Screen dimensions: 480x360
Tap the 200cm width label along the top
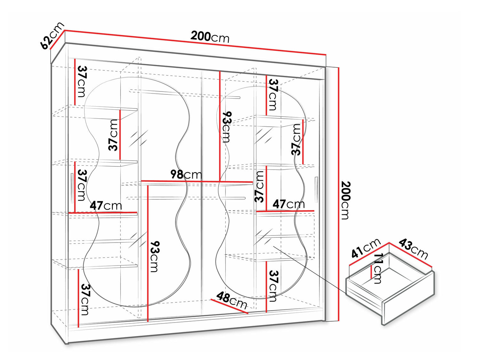click(210, 37)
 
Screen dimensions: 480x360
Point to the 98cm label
click(186, 174)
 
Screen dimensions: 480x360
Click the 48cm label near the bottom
click(232, 301)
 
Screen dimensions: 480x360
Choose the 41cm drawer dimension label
click(366, 248)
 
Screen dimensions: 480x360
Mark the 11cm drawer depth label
click(378, 268)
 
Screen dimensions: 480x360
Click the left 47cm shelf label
click(106, 205)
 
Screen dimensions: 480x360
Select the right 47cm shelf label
click(289, 204)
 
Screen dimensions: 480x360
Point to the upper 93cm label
click(226, 127)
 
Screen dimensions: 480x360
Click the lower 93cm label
click(154, 257)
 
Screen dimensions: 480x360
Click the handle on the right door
click(316, 189)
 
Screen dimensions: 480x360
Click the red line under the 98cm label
click(197, 181)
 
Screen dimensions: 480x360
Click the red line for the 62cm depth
click(57, 40)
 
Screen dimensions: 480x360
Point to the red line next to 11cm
click(371, 272)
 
